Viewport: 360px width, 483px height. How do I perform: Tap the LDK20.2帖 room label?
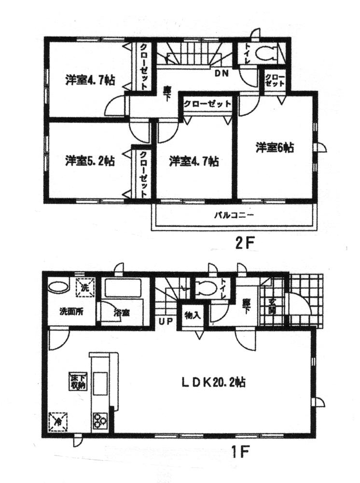pos(214,383)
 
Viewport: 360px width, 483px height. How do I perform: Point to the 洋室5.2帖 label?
pos(90,160)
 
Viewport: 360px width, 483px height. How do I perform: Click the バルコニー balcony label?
pos(234,215)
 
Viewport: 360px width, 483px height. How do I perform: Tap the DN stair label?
pos(222,73)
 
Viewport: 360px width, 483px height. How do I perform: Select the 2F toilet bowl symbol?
pos(264,54)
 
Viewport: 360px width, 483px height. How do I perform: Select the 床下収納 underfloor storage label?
pos(77,382)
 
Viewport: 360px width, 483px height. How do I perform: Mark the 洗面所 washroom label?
pos(71,312)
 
